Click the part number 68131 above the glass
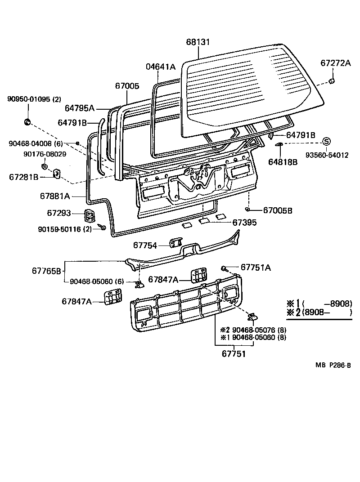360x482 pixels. point(198,42)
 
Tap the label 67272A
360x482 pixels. point(335,63)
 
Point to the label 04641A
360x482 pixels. point(160,67)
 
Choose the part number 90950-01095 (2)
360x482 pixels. point(34,99)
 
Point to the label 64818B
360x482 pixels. point(283,162)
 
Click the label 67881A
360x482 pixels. point(55,196)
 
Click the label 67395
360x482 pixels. point(245,222)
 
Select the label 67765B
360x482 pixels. point(46,271)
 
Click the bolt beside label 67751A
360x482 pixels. point(223,268)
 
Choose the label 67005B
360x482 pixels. point(278,210)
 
